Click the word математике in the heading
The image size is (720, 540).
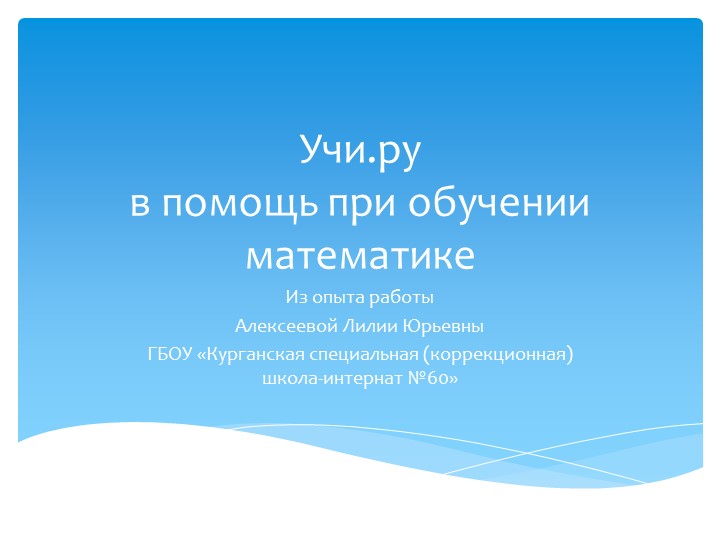[360, 255]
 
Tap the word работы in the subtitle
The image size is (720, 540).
[404, 298]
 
